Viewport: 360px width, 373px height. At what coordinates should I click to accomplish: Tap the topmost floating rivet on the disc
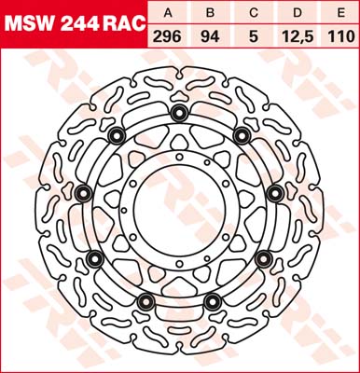178,115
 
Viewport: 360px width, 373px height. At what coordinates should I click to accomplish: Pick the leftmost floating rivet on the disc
82,192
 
